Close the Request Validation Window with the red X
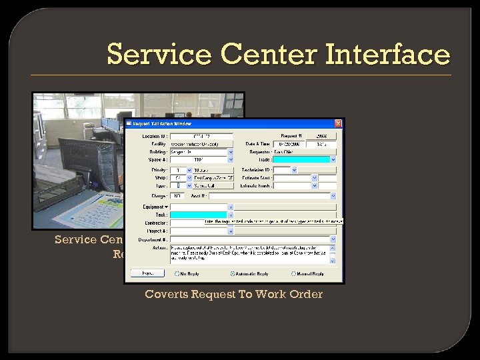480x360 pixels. click(338, 123)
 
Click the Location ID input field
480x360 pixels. click(201, 136)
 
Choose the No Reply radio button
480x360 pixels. click(177, 273)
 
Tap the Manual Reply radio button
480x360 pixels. click(293, 273)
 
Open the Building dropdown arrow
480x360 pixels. click(231, 152)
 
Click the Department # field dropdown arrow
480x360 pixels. click(333, 239)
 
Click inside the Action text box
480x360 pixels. click(253, 253)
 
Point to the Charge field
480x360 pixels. click(178, 196)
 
